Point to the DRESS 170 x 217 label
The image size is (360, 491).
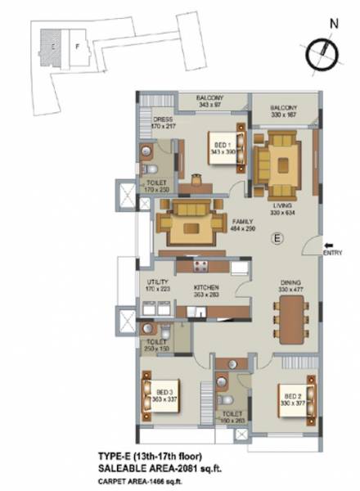(x=163, y=123)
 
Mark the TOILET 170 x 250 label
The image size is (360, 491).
(x=155, y=187)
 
